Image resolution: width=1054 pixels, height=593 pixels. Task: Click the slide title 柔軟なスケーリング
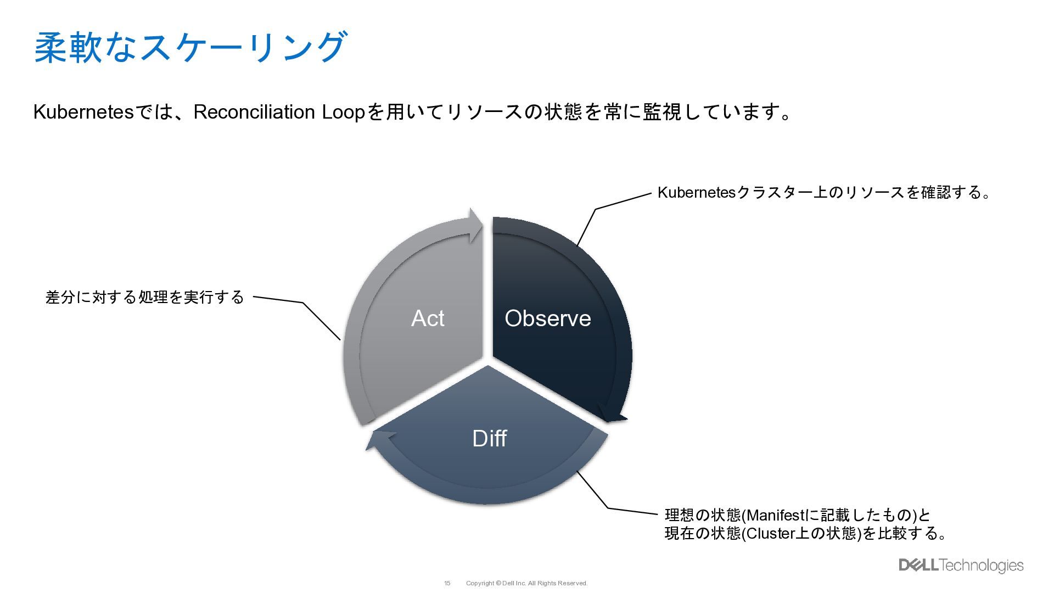(190, 48)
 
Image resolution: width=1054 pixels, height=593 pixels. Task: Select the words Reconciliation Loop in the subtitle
(279, 112)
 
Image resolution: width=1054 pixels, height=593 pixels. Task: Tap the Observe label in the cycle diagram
(547, 318)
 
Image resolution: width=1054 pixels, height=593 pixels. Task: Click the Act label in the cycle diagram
(428, 318)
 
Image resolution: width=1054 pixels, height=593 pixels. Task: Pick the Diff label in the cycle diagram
(489, 438)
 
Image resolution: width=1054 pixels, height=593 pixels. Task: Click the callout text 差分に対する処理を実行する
(144, 297)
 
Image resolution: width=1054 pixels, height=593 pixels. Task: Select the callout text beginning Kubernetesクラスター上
(823, 192)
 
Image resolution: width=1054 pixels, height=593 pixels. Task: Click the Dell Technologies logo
(961, 565)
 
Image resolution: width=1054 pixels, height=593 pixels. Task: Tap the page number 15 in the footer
(447, 583)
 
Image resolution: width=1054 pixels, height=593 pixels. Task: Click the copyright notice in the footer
(526, 583)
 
